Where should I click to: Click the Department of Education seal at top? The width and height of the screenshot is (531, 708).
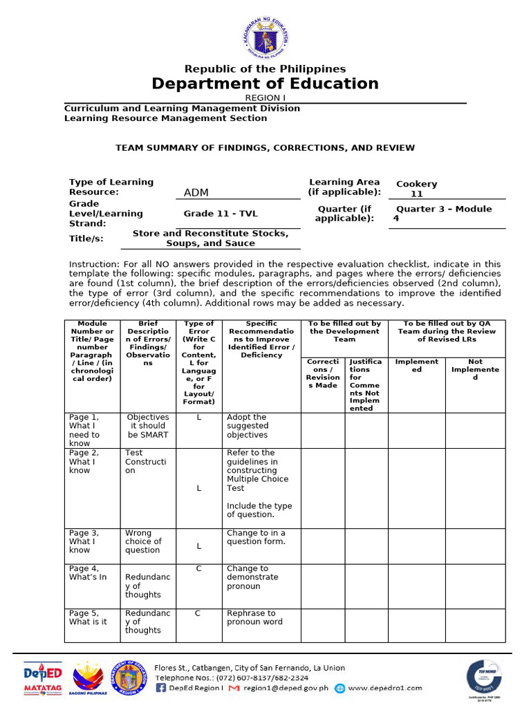click(x=265, y=32)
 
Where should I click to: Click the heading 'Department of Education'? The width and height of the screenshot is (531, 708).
click(x=265, y=84)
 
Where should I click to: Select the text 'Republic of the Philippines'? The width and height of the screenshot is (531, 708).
click(x=265, y=68)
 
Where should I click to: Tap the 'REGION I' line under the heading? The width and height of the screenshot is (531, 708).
click(x=265, y=98)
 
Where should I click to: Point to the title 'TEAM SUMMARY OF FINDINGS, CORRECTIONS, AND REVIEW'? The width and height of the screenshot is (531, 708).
click(x=265, y=147)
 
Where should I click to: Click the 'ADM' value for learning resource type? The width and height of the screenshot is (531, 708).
click(x=196, y=192)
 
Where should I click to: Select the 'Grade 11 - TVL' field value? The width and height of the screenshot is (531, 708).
click(x=220, y=214)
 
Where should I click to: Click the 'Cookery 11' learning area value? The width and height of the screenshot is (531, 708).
click(x=416, y=189)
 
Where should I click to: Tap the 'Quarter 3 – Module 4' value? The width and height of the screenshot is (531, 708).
click(x=442, y=213)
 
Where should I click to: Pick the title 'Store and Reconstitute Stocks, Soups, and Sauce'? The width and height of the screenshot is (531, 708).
click(x=210, y=238)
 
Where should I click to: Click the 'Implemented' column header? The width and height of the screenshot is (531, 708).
click(x=416, y=365)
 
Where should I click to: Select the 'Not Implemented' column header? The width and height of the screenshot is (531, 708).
click(x=475, y=369)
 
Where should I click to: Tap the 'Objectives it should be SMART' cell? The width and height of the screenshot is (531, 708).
click(x=148, y=426)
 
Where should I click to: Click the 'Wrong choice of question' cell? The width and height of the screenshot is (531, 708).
click(x=143, y=541)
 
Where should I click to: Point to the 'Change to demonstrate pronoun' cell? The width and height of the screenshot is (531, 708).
click(x=252, y=577)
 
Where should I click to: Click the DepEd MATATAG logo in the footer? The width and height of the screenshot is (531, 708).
click(x=43, y=679)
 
